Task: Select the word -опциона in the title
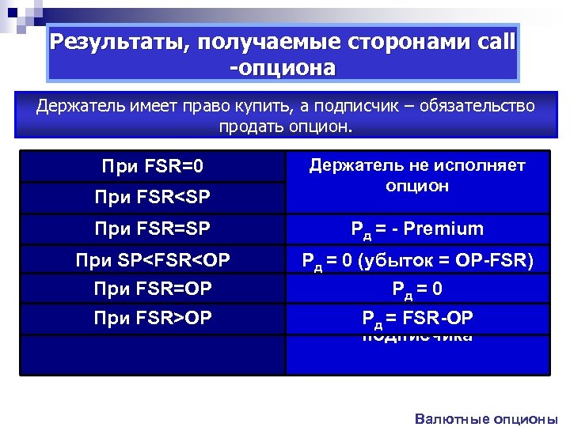tap(283, 67)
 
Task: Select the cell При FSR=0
tap(152, 167)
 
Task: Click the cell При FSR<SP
tap(152, 195)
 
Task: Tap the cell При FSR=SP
tap(152, 229)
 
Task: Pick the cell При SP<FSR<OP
tap(152, 259)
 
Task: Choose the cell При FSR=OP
tap(152, 289)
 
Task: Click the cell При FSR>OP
tap(152, 318)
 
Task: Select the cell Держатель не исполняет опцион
tap(417, 176)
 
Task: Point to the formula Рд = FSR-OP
tap(417, 319)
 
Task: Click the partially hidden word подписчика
tap(417, 338)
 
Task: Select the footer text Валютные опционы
tap(486, 419)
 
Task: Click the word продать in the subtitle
tap(254, 127)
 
